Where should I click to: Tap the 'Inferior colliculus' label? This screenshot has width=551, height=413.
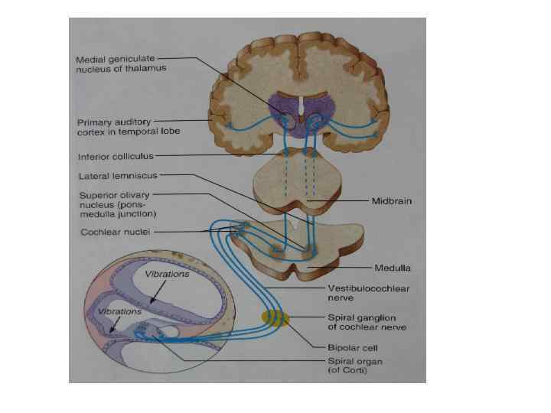[x=115, y=156]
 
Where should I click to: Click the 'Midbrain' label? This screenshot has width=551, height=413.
[x=391, y=201]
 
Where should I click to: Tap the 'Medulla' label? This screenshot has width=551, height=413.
[x=393, y=268]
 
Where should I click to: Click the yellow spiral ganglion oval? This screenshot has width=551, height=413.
[x=275, y=318]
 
